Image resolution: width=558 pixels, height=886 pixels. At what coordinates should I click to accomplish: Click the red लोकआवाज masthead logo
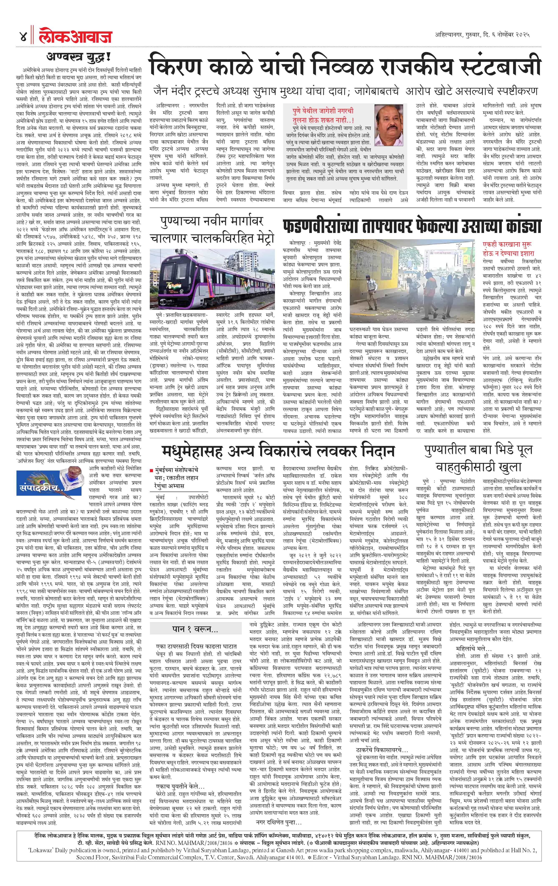75,37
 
